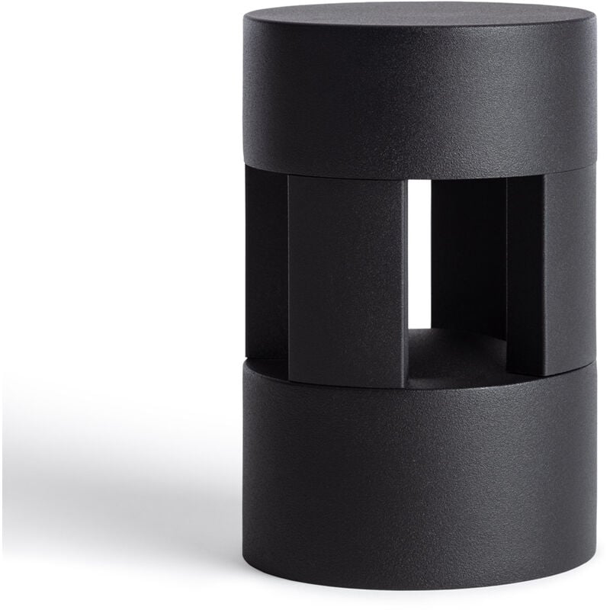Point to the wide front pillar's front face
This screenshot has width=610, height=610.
347,274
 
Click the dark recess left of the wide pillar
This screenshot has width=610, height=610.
265,259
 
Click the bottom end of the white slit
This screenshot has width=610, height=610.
420,326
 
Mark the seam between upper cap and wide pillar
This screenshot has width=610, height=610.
347,175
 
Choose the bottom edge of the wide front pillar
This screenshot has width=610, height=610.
347,384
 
